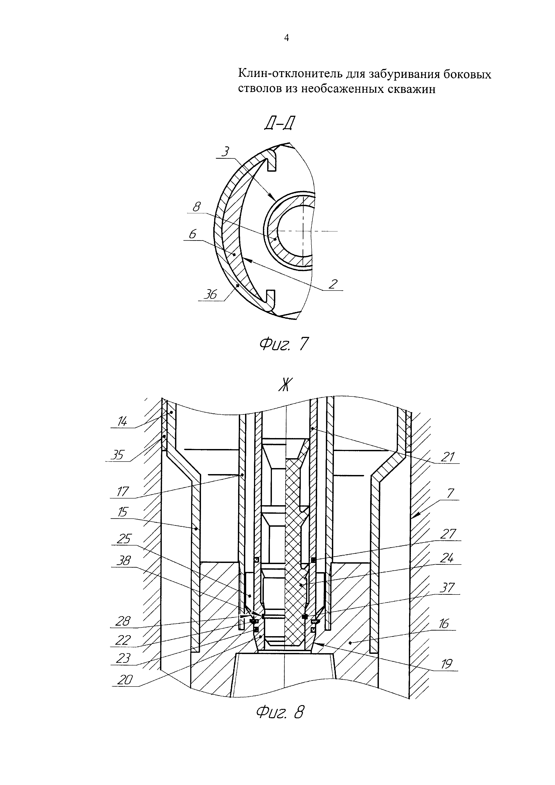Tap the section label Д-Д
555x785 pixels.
pyautogui.click(x=279, y=124)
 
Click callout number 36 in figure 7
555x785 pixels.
pyautogui.click(x=210, y=294)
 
